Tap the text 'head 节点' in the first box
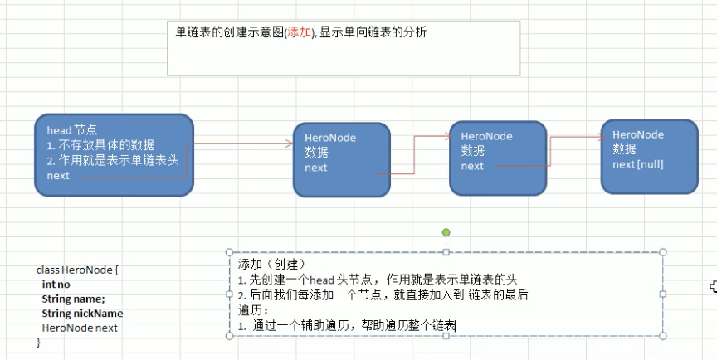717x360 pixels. pos(72,130)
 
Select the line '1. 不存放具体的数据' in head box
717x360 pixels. pos(100,145)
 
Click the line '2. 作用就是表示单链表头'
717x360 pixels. pos(113,160)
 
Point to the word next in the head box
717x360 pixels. pos(58,176)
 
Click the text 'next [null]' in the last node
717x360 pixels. pos(637,164)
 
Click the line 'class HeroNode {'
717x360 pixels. pos(79,270)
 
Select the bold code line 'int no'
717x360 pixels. pos(56,285)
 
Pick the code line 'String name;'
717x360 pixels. pos(73,299)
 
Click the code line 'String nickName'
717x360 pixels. pos(82,314)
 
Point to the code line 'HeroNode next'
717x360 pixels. pos(80,328)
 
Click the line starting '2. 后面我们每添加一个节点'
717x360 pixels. pos(383,294)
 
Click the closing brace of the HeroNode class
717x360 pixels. pos(38,342)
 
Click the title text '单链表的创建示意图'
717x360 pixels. pos(229,32)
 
